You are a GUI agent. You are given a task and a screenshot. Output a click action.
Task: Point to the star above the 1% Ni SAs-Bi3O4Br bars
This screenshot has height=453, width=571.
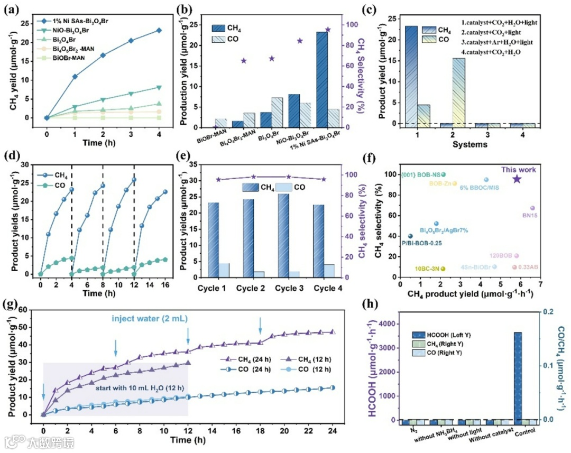coord(328,30)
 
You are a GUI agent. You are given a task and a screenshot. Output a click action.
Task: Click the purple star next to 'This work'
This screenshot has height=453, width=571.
coord(517,179)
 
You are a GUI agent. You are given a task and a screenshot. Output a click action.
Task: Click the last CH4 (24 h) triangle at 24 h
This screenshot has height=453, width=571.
coord(332,332)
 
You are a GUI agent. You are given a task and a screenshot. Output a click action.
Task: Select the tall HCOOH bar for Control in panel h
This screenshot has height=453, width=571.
coord(519,376)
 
